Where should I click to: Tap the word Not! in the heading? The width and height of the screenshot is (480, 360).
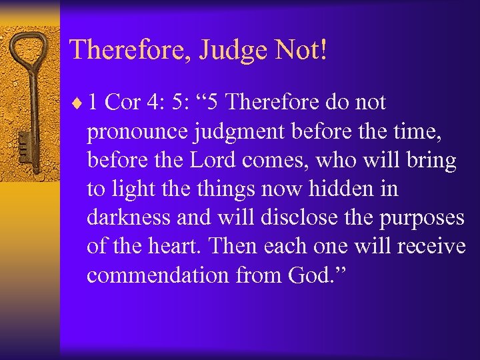coord(303,50)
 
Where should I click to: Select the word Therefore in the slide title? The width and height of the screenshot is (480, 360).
coord(131,50)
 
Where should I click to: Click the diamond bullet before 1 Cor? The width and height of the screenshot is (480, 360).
coord(81,104)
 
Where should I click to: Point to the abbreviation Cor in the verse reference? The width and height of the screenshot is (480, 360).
coord(122,103)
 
